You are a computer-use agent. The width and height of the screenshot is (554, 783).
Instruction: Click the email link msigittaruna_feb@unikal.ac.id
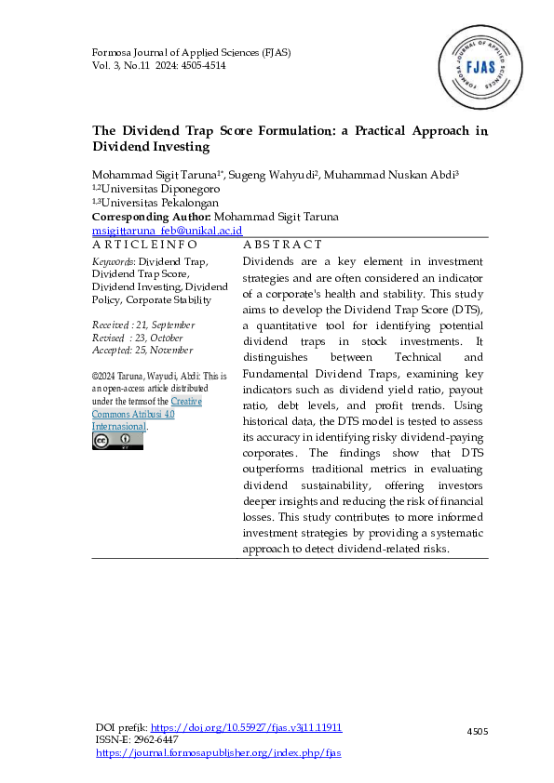[168, 230]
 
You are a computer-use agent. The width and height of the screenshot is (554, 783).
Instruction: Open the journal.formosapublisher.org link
[218, 752]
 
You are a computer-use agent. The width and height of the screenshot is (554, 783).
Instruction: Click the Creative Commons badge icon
[117, 441]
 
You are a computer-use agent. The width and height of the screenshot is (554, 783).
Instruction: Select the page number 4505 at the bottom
[478, 733]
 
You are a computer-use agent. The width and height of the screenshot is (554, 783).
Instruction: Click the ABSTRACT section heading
[282, 244]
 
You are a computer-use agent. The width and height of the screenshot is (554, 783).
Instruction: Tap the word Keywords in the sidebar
[111, 262]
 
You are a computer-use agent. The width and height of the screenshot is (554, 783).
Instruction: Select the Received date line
[143, 325]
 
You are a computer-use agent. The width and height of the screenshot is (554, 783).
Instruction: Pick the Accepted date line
[142, 350]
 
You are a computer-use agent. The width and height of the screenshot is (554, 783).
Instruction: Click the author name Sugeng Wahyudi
[280, 176]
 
